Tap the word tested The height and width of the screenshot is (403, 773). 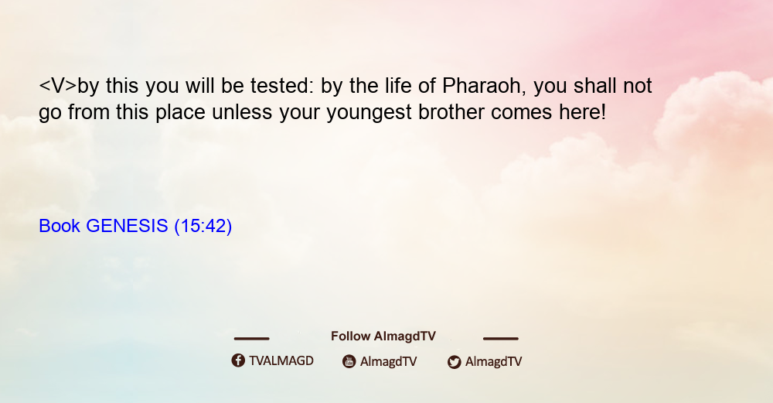point(281,86)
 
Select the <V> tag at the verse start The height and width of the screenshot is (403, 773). point(58,86)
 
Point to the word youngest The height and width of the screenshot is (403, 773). point(369,112)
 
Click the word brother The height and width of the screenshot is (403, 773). point(451,112)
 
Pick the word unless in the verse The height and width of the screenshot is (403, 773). point(241,112)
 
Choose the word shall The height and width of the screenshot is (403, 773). point(595,86)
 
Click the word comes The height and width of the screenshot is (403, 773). point(522,112)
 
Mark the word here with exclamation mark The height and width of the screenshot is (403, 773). point(582,112)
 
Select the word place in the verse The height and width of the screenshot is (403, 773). point(180,112)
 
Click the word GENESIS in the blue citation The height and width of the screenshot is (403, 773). point(127,226)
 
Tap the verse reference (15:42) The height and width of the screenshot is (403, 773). point(203,226)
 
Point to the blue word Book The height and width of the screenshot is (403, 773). point(60,226)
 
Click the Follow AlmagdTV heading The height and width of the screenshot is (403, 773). point(383,336)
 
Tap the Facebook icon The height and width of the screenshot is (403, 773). point(238,360)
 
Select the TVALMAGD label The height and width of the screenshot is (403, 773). point(281,360)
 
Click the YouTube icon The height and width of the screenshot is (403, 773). point(349,361)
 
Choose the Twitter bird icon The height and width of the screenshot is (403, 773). point(454,362)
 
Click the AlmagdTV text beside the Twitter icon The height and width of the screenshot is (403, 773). point(493,361)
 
